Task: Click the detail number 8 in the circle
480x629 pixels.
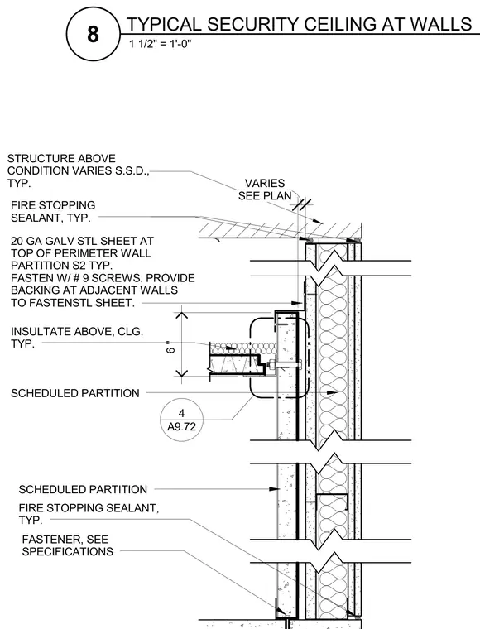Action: point(93,34)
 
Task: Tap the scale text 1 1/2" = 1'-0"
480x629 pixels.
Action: point(160,44)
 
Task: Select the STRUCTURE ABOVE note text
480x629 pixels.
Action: point(61,158)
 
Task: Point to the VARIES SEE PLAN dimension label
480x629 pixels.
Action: point(265,190)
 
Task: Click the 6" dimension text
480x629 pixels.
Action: point(170,348)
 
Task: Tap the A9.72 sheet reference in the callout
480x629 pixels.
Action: point(181,426)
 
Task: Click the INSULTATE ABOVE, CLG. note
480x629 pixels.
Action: point(77,338)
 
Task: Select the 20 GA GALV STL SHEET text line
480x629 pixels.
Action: point(82,241)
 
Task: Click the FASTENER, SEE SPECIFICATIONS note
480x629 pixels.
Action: point(67,545)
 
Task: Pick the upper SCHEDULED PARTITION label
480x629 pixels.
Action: point(75,393)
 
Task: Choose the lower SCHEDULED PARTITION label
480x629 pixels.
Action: point(83,489)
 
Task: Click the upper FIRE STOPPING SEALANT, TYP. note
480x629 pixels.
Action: point(53,211)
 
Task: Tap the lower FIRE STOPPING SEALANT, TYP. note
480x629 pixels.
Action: point(89,514)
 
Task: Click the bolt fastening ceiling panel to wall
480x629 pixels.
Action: point(285,365)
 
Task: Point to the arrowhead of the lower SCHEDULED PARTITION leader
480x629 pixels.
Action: point(275,489)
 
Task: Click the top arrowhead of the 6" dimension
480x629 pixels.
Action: point(181,314)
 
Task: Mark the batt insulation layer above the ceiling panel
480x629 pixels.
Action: point(243,348)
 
